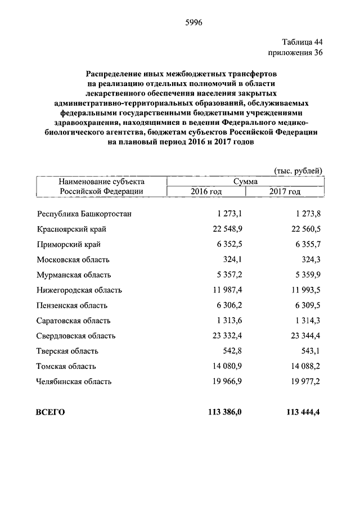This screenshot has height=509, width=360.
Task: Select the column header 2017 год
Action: [285, 192]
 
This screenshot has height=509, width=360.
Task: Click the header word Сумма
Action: [246, 182]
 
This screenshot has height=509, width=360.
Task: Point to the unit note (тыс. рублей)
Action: [298, 170]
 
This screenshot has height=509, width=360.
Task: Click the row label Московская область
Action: [73, 260]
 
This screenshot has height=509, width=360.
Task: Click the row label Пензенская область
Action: [72, 305]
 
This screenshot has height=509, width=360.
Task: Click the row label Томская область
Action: [66, 366]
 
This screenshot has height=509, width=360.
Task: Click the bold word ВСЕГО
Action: [51, 412]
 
